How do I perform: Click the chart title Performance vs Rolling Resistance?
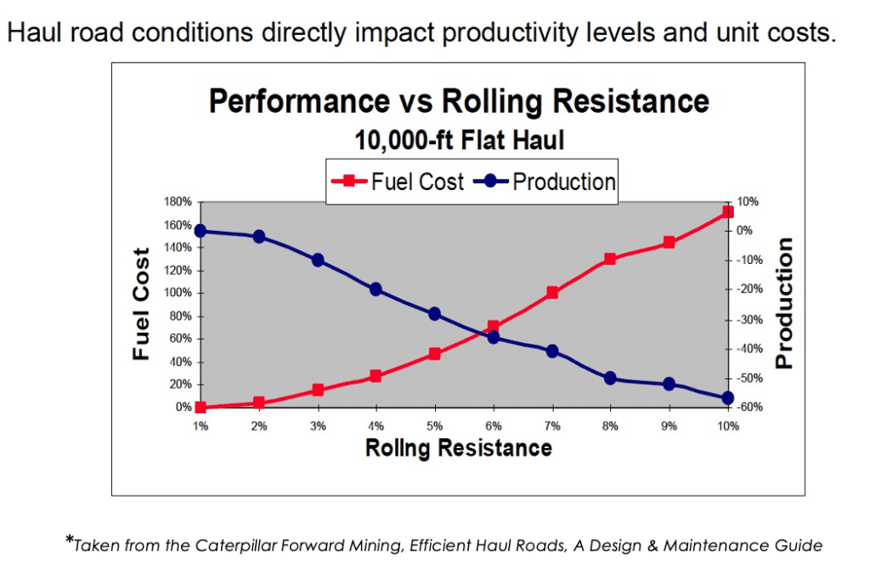tap(459, 102)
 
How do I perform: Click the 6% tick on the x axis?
tap(494, 426)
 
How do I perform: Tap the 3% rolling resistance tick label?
tap(318, 426)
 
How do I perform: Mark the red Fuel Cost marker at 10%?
tap(728, 212)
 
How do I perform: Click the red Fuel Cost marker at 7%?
tap(552, 293)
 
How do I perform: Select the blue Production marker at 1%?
tap(201, 231)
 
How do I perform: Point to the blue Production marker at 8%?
tap(610, 379)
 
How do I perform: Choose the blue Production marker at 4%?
tap(376, 289)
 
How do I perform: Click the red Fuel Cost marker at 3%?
tap(318, 390)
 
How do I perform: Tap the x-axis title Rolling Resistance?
tap(459, 447)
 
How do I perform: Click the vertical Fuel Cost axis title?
tap(142, 304)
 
